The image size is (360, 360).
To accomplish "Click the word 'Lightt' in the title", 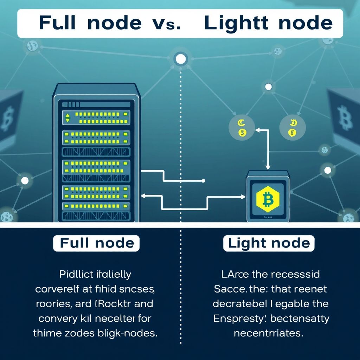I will [x=236, y=23].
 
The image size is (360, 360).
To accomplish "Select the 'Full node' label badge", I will [x=97, y=243].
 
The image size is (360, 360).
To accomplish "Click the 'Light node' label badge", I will [x=269, y=243].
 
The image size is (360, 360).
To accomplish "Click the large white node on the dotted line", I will [x=180, y=59].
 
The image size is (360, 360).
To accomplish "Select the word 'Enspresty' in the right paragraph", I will [x=235, y=319].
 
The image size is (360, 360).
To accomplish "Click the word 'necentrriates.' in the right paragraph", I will [x=268, y=333].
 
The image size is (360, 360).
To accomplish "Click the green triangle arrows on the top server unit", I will [x=67, y=118].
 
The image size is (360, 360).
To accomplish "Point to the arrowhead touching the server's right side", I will [x=143, y=195].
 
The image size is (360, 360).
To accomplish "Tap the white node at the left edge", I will [x=25, y=181].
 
